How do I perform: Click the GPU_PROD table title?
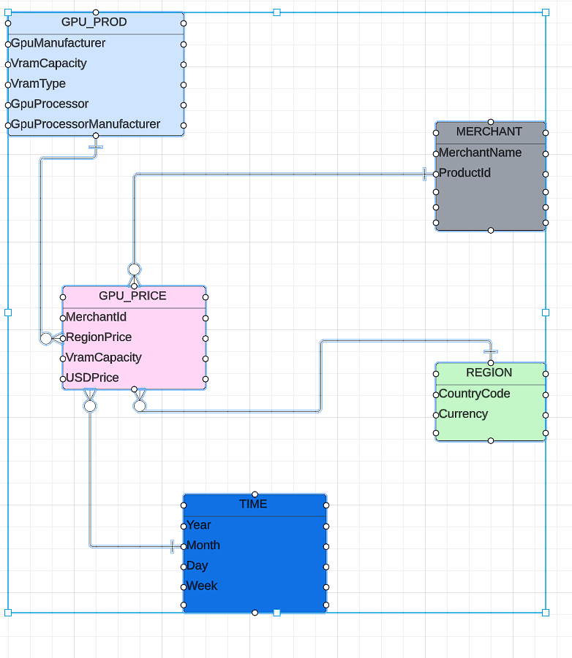coord(94,22)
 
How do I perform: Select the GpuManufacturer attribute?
coord(59,43)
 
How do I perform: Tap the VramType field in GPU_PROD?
coord(39,84)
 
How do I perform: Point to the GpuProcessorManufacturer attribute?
coord(86,124)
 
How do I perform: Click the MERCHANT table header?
coord(489,131)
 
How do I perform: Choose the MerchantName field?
coord(481,153)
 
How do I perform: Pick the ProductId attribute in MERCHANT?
coord(465,173)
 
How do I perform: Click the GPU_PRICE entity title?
coord(132,296)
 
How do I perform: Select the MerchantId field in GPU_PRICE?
coord(97,317)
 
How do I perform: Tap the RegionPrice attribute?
coord(99,337)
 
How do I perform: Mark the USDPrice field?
coord(93,378)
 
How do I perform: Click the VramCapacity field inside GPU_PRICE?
coord(104,358)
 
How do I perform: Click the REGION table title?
coord(489,372)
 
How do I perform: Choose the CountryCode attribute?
coord(475,394)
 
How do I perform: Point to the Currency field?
coord(464,414)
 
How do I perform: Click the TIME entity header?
coord(253,504)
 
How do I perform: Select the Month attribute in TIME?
coord(203,546)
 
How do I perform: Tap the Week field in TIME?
coord(202,586)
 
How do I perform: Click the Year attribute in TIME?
coord(199,525)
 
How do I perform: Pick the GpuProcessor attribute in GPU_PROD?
coord(50,104)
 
